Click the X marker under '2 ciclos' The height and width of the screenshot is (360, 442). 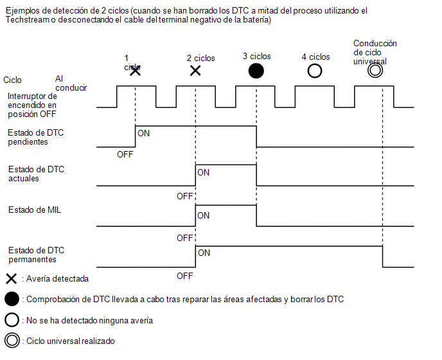(195, 71)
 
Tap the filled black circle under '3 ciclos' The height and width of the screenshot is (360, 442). (256, 71)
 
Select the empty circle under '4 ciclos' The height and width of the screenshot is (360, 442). (315, 71)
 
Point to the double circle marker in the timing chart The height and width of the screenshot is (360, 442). (375, 71)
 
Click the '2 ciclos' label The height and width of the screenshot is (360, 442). (200, 58)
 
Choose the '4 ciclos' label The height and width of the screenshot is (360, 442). (315, 57)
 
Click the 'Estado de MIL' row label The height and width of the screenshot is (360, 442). (35, 210)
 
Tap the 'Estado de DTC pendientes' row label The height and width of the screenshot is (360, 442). (36, 137)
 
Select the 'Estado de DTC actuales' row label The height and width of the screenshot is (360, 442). (37, 174)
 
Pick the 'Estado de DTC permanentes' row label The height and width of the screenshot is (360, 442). (37, 255)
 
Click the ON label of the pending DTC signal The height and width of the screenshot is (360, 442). (143, 133)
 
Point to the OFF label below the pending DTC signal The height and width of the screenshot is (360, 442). (125, 155)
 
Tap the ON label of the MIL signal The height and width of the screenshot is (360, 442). (203, 215)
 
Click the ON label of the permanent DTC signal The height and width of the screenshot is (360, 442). (204, 253)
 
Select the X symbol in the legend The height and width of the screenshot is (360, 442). (12, 279)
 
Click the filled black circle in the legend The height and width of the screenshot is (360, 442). (12, 299)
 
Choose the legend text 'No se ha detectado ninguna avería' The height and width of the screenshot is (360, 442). (90, 321)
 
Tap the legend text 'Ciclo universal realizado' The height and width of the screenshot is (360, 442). (71, 341)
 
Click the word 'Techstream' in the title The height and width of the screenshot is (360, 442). (28, 20)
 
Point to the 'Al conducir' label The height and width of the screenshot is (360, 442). (71, 83)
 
